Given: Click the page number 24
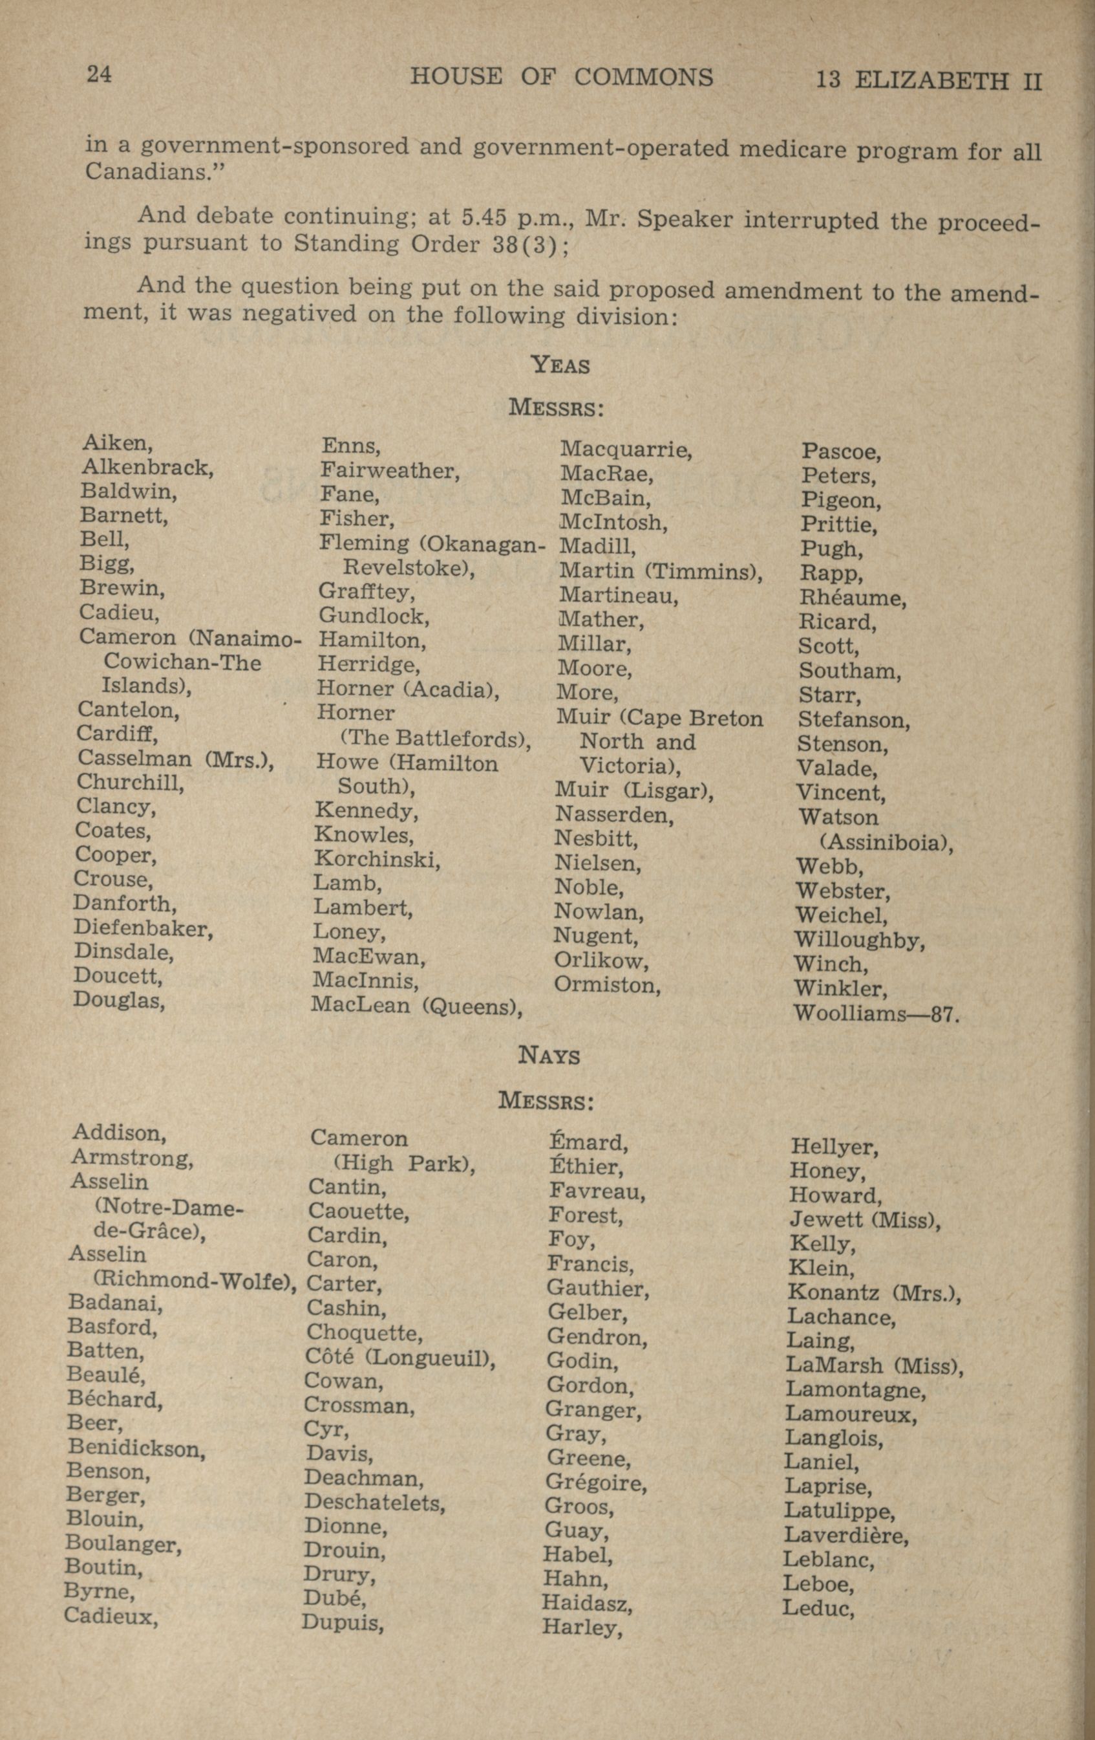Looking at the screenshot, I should pyautogui.click(x=99, y=74).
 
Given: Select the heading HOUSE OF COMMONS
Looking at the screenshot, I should pyautogui.click(x=561, y=76).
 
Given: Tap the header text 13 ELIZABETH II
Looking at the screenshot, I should pyautogui.click(x=929, y=80).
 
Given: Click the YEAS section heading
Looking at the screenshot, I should pyautogui.click(x=560, y=365).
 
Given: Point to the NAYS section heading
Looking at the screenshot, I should pyautogui.click(x=549, y=1056).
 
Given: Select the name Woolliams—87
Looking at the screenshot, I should pyautogui.click(x=875, y=1013).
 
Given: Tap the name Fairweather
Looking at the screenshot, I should pyautogui.click(x=390, y=471).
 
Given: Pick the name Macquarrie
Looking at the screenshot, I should pyautogui.click(x=626, y=450).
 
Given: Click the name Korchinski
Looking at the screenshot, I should pyautogui.click(x=376, y=859).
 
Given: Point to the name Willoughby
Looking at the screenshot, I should pyautogui.click(x=859, y=940).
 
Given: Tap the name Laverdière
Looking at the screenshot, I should pyautogui.click(x=845, y=1535).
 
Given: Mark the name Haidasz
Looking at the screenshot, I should pyautogui.click(x=587, y=1604).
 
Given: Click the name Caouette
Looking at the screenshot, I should pyautogui.click(x=358, y=1211).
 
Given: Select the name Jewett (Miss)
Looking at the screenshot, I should pyautogui.click(x=864, y=1220).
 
